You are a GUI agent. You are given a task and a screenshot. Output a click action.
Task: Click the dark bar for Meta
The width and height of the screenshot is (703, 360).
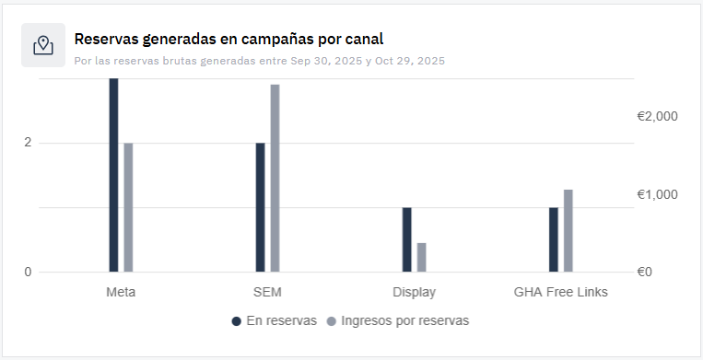pos(113,175)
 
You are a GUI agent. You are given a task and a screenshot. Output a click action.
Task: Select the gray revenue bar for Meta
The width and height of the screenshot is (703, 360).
pos(128,207)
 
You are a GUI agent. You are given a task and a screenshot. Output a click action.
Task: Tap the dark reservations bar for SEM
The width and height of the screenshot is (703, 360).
pos(260,207)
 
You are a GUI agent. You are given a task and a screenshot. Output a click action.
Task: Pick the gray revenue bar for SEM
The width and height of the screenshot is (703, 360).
pos(275,178)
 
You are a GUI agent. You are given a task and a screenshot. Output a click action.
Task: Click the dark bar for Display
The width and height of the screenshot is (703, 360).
pos(406,239)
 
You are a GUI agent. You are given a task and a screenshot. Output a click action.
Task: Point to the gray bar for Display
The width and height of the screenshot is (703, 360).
pos(421,257)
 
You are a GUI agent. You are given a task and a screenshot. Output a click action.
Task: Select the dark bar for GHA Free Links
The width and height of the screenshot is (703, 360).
pos(553,239)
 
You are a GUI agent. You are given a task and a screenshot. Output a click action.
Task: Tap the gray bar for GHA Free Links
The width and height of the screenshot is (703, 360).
pos(568,230)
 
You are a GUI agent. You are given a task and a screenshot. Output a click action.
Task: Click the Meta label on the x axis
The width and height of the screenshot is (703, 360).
pos(122,293)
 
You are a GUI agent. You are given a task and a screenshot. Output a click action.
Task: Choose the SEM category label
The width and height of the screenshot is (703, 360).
pos(267,293)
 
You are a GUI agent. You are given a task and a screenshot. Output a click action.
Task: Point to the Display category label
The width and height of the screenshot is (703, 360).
pos(414,293)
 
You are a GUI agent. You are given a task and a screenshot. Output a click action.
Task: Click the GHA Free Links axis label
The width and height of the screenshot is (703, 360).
pos(560,293)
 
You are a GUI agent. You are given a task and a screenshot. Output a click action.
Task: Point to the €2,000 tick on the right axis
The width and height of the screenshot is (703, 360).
pos(657,117)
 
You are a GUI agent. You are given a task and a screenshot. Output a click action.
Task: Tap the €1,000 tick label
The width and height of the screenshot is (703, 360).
pos(657,195)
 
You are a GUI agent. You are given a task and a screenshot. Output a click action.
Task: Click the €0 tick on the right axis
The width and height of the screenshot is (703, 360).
pos(644,273)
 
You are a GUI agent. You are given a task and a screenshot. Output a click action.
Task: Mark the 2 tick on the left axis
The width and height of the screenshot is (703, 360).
pos(28,143)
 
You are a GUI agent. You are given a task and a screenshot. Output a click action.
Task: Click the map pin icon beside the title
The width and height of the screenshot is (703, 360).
pos(43,45)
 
